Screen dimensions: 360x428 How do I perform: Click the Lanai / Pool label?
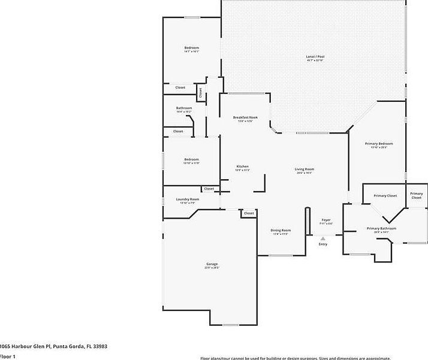click(x=315, y=58)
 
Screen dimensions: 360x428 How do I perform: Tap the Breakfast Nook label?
click(x=245, y=117)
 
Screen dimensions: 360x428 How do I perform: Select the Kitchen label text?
click(x=242, y=167)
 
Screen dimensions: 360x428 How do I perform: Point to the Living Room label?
click(x=304, y=169)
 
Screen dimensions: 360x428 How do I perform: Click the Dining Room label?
click(x=281, y=231)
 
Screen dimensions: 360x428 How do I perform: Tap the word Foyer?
click(x=325, y=220)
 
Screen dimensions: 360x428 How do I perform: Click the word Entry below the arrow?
click(x=323, y=244)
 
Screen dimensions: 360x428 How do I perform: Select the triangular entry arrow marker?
click(x=323, y=238)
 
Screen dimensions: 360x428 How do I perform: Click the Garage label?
click(x=212, y=264)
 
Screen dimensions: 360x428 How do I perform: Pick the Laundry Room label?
click(x=187, y=199)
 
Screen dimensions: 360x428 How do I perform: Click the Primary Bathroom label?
click(x=381, y=228)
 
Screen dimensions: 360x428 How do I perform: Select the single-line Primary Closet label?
click(x=385, y=196)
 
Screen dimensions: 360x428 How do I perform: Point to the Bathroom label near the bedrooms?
click(x=184, y=108)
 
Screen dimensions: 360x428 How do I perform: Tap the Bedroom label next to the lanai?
click(x=191, y=47)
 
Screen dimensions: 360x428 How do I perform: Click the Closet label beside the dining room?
click(x=249, y=213)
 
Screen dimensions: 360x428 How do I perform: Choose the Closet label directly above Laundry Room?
click(x=209, y=189)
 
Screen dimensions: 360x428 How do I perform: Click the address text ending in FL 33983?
click(x=53, y=346)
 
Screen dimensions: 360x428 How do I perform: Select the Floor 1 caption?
click(x=7, y=356)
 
